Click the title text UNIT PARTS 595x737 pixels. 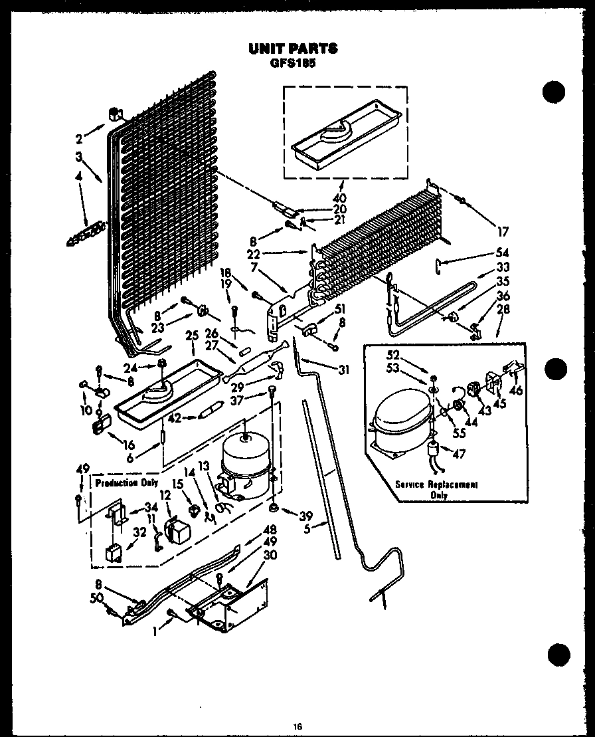tap(293, 49)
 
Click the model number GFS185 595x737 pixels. tap(293, 64)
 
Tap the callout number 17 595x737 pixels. tap(503, 232)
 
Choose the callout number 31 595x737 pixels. tap(343, 369)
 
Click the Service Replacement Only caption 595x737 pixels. tap(436, 489)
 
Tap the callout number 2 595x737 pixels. tap(79, 139)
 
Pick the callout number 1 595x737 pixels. tap(155, 633)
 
